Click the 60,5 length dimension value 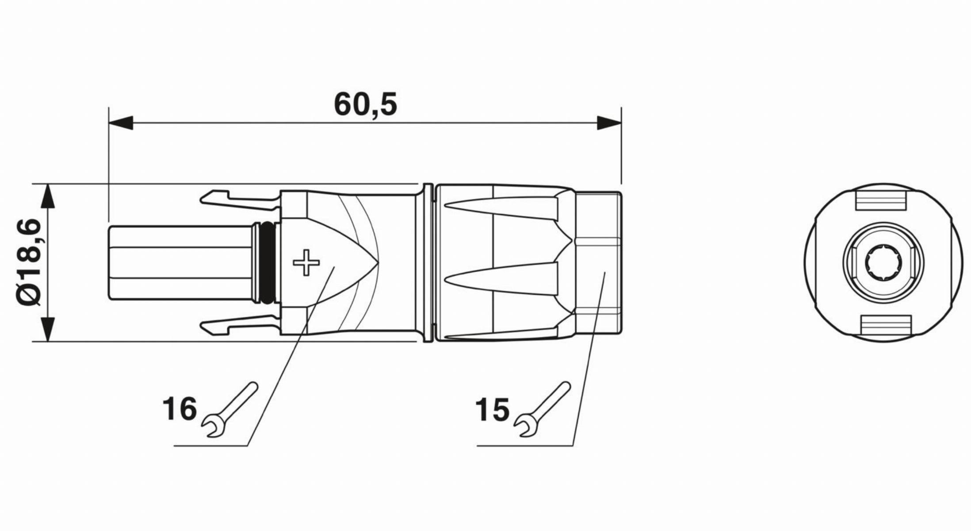point(365,105)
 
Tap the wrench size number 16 point(180,408)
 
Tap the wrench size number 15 point(493,410)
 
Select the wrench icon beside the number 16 point(229,410)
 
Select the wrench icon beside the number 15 point(542,410)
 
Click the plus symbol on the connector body point(306,263)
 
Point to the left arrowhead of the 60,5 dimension point(121,123)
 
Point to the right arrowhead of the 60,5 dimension point(609,123)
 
